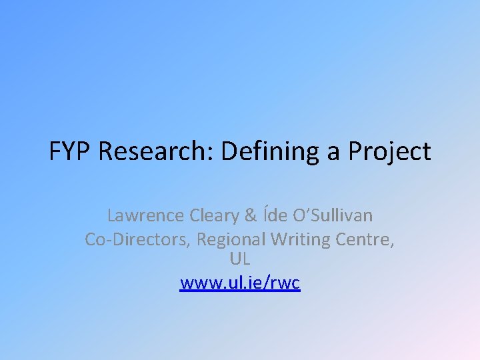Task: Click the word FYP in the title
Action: coord(71,152)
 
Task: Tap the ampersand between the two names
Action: coord(251,215)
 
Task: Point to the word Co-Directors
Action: coord(136,239)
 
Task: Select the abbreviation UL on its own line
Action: coord(239,258)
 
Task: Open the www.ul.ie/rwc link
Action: coord(240,283)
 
